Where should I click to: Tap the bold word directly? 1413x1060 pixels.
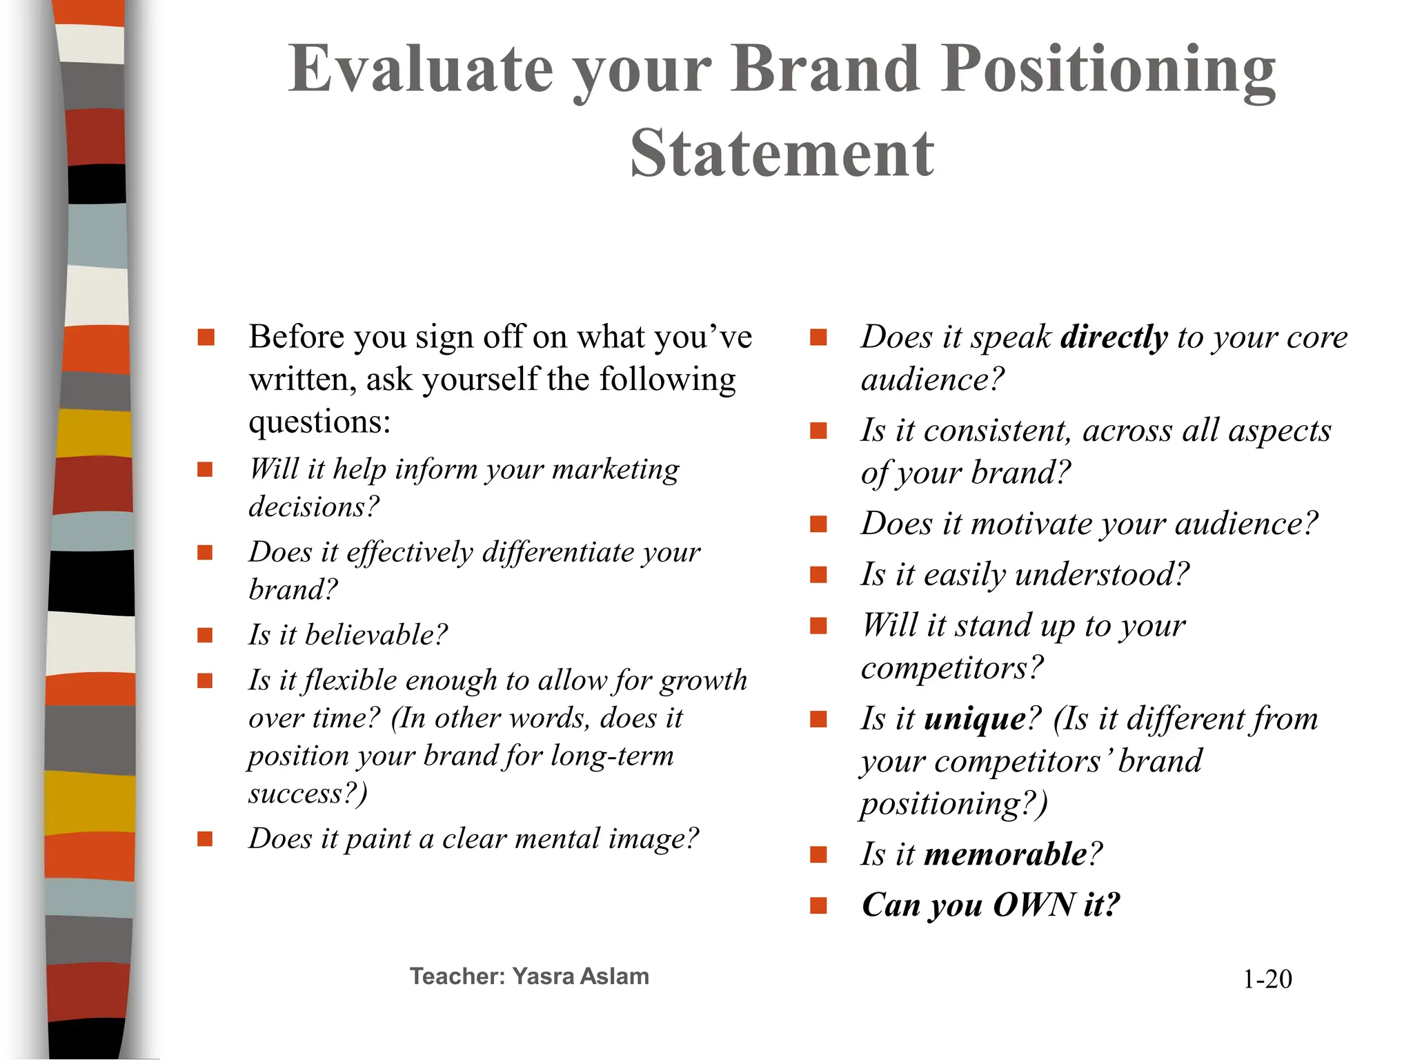pyautogui.click(x=1114, y=337)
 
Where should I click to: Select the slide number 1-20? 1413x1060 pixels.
pyautogui.click(x=1267, y=979)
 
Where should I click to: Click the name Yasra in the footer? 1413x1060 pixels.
pyautogui.click(x=542, y=976)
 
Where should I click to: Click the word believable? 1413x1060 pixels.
pyautogui.click(x=376, y=635)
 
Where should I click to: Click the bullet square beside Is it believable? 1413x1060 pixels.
pyautogui.click(x=205, y=635)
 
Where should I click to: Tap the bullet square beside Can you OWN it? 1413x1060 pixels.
pyautogui.click(x=818, y=905)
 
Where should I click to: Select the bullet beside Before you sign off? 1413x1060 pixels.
pyautogui.click(x=205, y=337)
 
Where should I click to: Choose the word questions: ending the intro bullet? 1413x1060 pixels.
pyautogui.click(x=319, y=422)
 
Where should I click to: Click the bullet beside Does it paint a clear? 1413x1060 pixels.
pyautogui.click(x=205, y=839)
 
